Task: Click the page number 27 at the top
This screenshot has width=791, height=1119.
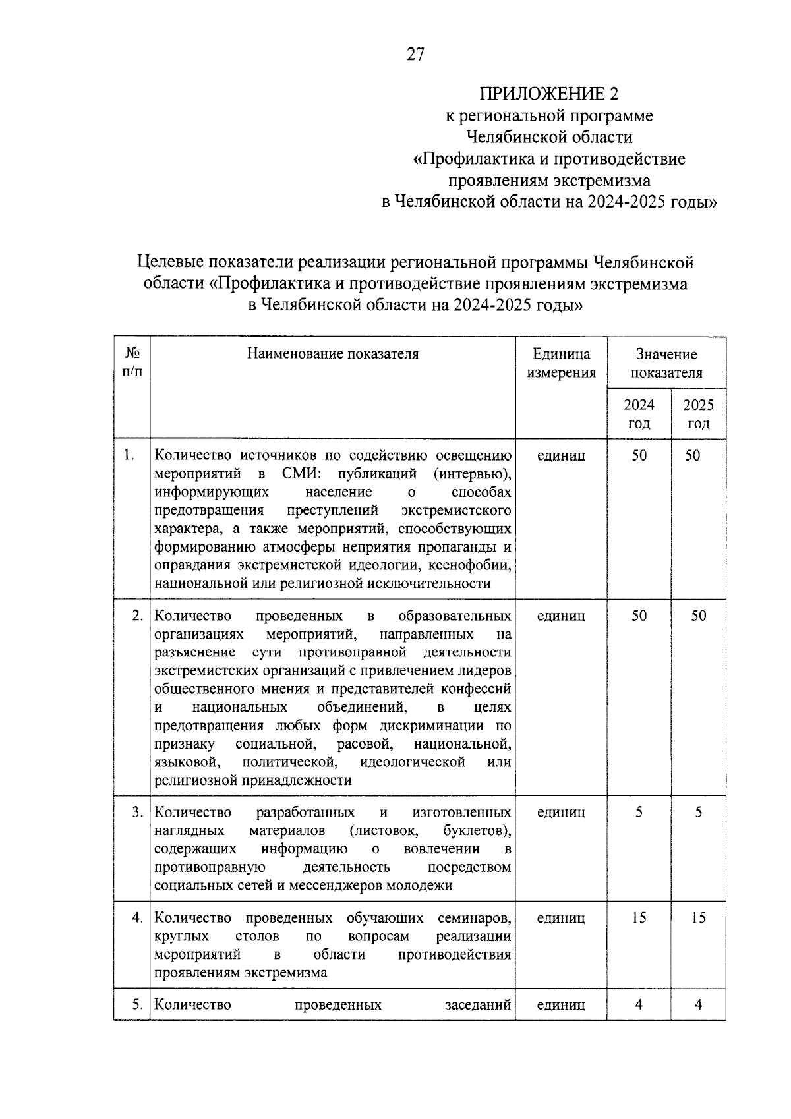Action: click(415, 55)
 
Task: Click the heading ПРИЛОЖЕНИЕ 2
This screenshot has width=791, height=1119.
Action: click(549, 93)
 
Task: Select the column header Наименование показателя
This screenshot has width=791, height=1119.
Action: click(333, 354)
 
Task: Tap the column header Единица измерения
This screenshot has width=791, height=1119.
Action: click(561, 363)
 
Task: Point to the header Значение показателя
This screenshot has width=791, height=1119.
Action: click(666, 363)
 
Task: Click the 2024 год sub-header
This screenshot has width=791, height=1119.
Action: click(639, 414)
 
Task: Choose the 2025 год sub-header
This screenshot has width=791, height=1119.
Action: click(698, 414)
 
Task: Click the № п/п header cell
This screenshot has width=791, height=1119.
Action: click(131, 363)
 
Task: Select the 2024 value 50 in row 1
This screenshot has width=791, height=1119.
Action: click(639, 455)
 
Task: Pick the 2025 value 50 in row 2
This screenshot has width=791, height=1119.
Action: click(698, 616)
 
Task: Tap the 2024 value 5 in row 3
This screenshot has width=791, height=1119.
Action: click(639, 812)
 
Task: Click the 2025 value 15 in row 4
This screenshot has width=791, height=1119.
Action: click(698, 917)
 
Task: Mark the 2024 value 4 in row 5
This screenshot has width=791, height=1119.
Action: click(639, 1004)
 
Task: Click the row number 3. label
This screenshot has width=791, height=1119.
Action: click(137, 812)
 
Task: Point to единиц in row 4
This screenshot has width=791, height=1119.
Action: click(561, 917)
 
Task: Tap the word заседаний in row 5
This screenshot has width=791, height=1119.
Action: click(478, 1004)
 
